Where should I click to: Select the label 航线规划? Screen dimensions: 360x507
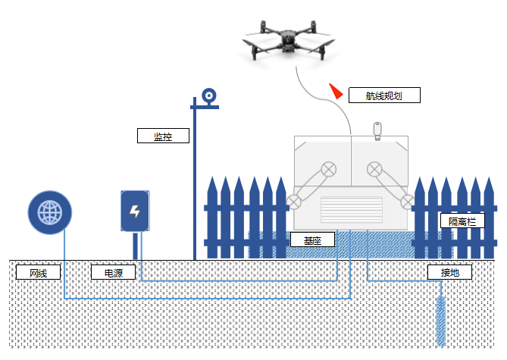pos(383,95)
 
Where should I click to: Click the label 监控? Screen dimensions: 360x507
pos(163,136)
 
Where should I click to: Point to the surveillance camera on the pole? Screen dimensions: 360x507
pos(208,96)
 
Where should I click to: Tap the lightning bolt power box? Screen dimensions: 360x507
pos(135,211)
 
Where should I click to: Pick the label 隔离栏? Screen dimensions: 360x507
pos(462,221)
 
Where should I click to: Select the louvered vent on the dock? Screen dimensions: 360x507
pos(351,212)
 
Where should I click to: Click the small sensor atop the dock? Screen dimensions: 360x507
pos(377,130)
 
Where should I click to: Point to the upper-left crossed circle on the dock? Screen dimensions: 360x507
pos(329,169)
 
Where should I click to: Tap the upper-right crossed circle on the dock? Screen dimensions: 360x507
pos(374,169)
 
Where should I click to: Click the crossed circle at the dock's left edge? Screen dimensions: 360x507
pos(294,201)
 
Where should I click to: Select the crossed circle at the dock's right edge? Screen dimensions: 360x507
pos(408,201)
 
